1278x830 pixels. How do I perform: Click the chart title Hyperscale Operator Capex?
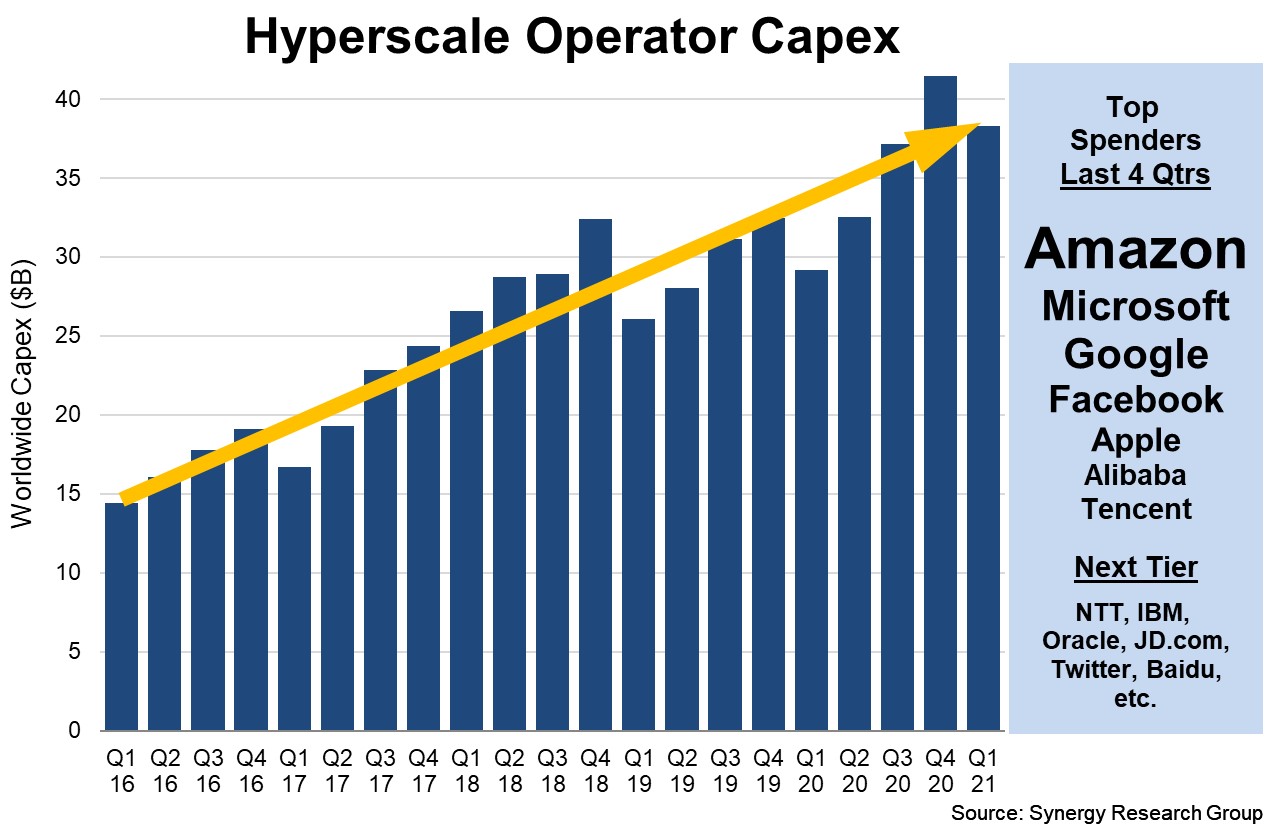pyautogui.click(x=572, y=37)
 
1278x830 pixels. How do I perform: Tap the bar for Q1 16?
pyautogui.click(x=121, y=620)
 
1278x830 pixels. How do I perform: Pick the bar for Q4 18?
pyautogui.click(x=595, y=480)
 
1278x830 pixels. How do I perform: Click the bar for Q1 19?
pyautogui.click(x=638, y=530)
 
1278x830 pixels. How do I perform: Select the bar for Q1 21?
pyautogui.click(x=984, y=430)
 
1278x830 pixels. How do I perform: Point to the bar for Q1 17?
pyautogui.click(x=294, y=600)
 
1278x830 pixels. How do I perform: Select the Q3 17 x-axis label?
pyautogui.click(x=380, y=770)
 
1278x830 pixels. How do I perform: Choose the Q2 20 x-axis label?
pyautogui.click(x=854, y=770)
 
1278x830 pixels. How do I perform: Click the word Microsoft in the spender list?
pyautogui.click(x=1135, y=306)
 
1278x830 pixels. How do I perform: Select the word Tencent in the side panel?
pyautogui.click(x=1135, y=508)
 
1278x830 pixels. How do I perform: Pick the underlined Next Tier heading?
pyautogui.click(x=1135, y=568)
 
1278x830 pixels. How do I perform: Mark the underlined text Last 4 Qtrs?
pyautogui.click(x=1135, y=174)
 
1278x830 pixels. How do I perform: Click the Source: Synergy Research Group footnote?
pyautogui.click(x=1106, y=813)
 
